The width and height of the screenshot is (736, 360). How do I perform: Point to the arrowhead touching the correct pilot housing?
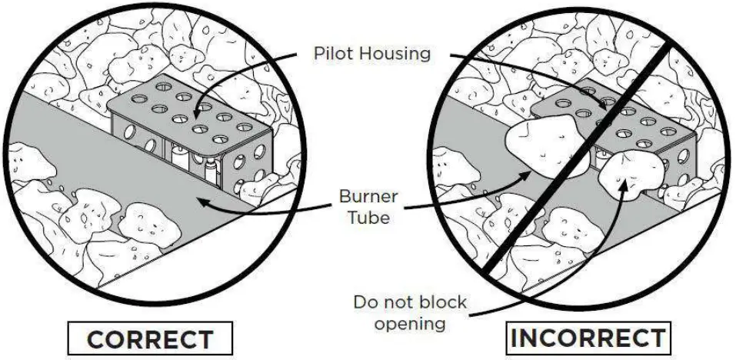(199, 111)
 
